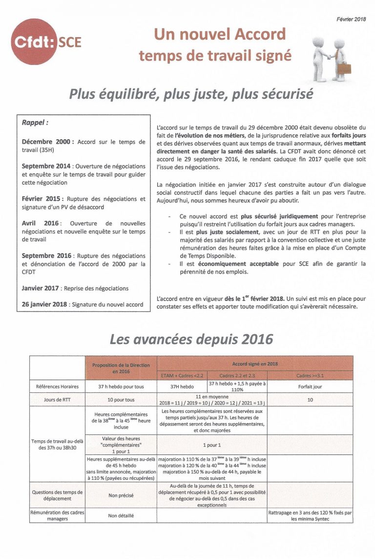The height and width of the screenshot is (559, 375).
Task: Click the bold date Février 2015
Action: pos(42,199)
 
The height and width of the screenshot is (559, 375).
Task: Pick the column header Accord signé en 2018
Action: pos(254,364)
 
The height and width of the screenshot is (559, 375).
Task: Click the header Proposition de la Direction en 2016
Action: pos(121,368)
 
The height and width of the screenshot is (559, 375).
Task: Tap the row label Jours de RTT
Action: pos(58,400)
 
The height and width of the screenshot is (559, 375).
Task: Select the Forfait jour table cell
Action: pos(310,386)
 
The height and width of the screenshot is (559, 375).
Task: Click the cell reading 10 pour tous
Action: pos(121,400)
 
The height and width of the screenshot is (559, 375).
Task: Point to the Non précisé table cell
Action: pos(121,495)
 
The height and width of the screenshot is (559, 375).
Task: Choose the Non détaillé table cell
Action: pos(121,515)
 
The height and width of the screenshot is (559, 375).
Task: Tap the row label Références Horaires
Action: pos(58,386)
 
